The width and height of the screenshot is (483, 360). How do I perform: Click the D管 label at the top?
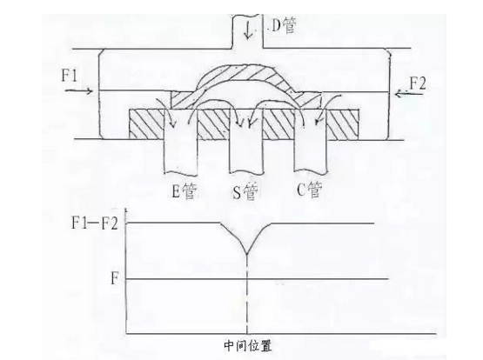[x=284, y=25]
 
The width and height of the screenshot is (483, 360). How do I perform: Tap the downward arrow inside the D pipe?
[x=248, y=30]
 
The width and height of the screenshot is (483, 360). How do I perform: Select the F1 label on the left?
[x=70, y=75]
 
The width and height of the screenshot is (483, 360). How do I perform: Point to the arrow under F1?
[x=79, y=90]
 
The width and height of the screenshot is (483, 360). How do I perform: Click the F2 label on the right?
[x=418, y=83]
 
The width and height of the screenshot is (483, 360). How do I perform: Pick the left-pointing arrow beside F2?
[x=408, y=93]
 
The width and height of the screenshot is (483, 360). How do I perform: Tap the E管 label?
[x=184, y=190]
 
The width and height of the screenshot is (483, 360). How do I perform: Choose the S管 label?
[x=245, y=192]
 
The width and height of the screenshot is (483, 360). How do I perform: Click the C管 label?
[x=310, y=190]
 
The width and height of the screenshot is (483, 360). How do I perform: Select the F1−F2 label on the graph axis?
[x=95, y=223]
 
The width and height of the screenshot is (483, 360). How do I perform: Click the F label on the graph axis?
[x=115, y=279]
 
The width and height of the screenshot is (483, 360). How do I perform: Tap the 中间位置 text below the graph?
[x=248, y=345]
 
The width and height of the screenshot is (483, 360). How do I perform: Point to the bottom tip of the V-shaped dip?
[x=247, y=254]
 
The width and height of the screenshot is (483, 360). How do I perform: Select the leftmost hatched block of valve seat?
[x=146, y=124]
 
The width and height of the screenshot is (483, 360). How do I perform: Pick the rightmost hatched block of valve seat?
[x=343, y=124]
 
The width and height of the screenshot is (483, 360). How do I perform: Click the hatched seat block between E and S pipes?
[x=213, y=124]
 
